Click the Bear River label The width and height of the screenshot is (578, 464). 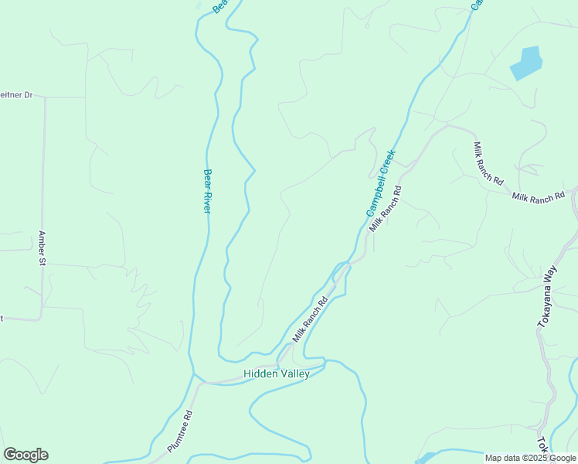coord(207,191)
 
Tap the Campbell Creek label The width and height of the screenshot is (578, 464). coord(381,183)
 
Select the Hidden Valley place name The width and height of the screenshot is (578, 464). coord(277,374)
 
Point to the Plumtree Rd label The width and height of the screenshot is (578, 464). coord(179,432)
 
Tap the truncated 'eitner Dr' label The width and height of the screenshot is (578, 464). coord(16,95)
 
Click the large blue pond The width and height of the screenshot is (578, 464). coord(525,63)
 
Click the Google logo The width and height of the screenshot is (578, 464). coord(25,455)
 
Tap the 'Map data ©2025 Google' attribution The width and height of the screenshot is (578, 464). coord(531,458)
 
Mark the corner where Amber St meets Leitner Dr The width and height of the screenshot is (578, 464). coord(44,97)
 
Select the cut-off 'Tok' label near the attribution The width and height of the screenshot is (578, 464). coord(542,445)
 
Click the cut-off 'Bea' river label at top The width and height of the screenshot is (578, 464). coord(219,5)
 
